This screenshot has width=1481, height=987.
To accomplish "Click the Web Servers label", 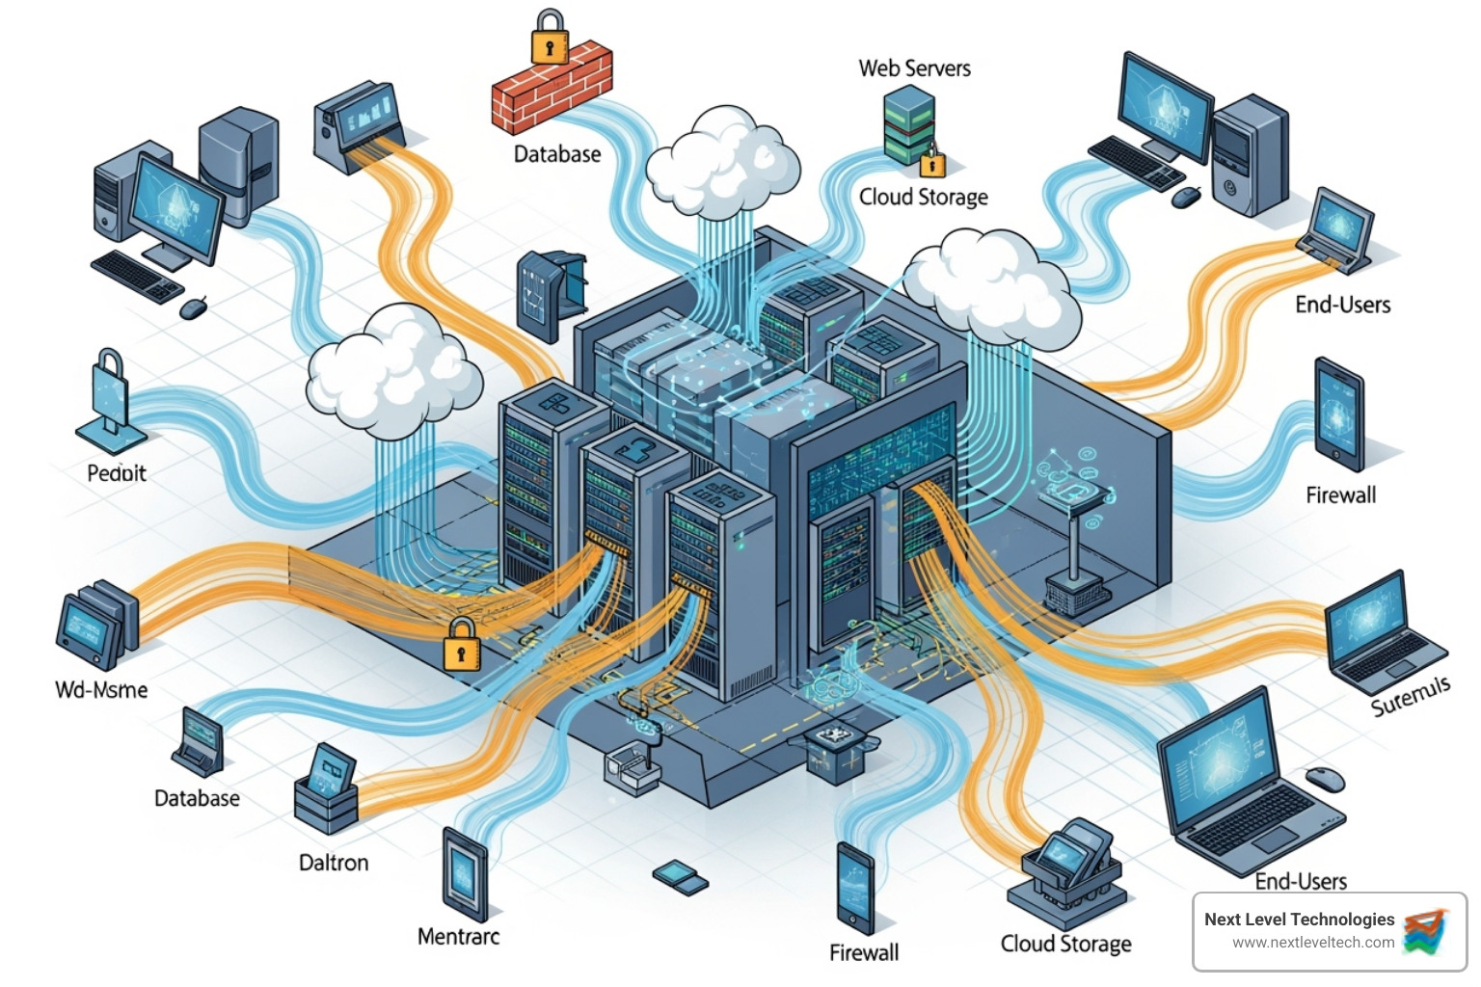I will [914, 68].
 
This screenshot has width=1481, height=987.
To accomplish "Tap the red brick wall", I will [552, 88].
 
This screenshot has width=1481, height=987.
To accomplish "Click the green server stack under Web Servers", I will [908, 125].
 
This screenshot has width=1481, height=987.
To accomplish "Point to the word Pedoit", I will [117, 473].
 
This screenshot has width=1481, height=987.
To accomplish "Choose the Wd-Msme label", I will [101, 690].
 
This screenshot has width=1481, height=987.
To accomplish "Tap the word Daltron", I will [334, 863].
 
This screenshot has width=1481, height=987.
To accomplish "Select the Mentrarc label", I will [458, 936].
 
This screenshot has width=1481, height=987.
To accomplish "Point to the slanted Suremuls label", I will [1410, 696].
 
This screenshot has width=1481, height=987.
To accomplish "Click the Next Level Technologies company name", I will [1299, 920].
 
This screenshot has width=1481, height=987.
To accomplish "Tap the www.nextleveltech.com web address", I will [1312, 943].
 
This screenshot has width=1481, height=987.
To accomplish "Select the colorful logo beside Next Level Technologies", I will [1427, 931].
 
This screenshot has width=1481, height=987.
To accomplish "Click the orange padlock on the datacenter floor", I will [461, 645].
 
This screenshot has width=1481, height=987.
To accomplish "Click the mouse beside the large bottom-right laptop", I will [1325, 779].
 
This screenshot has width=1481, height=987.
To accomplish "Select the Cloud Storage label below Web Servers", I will [923, 197].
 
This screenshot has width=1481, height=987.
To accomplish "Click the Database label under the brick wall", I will [556, 154].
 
